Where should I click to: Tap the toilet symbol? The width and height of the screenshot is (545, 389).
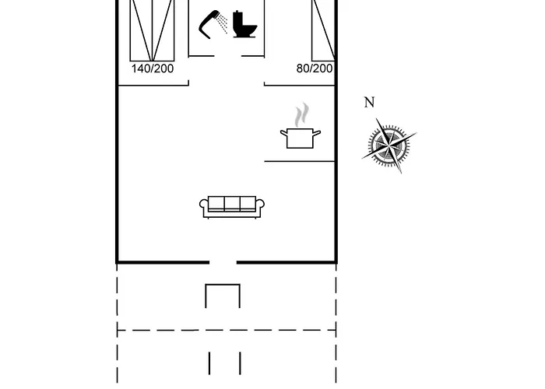(x=244, y=24)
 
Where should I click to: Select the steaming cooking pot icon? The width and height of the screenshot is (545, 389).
(x=301, y=125)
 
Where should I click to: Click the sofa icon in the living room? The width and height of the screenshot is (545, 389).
(x=232, y=207)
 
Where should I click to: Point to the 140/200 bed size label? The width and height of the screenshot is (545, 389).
(x=153, y=68)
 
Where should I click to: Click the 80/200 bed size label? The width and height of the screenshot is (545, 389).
(x=315, y=68)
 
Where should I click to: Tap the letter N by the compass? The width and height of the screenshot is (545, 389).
(x=370, y=103)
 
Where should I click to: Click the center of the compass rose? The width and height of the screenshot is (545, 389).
(x=389, y=145)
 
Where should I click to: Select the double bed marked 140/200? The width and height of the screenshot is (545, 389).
(x=152, y=30)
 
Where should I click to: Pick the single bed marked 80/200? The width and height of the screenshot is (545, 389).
(x=323, y=30)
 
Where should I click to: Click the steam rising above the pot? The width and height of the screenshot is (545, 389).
(x=302, y=114)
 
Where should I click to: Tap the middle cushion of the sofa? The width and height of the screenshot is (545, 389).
(x=232, y=204)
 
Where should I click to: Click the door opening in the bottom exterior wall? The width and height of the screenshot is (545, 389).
(x=223, y=262)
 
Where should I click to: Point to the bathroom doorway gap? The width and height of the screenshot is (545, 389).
(x=227, y=55)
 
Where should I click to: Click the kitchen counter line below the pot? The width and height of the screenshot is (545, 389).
(x=299, y=161)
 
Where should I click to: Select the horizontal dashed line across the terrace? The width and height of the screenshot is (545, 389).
(x=227, y=330)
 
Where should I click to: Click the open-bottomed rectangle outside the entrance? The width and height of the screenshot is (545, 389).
(x=223, y=296)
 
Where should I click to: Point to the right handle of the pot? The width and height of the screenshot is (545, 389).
(x=317, y=133)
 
